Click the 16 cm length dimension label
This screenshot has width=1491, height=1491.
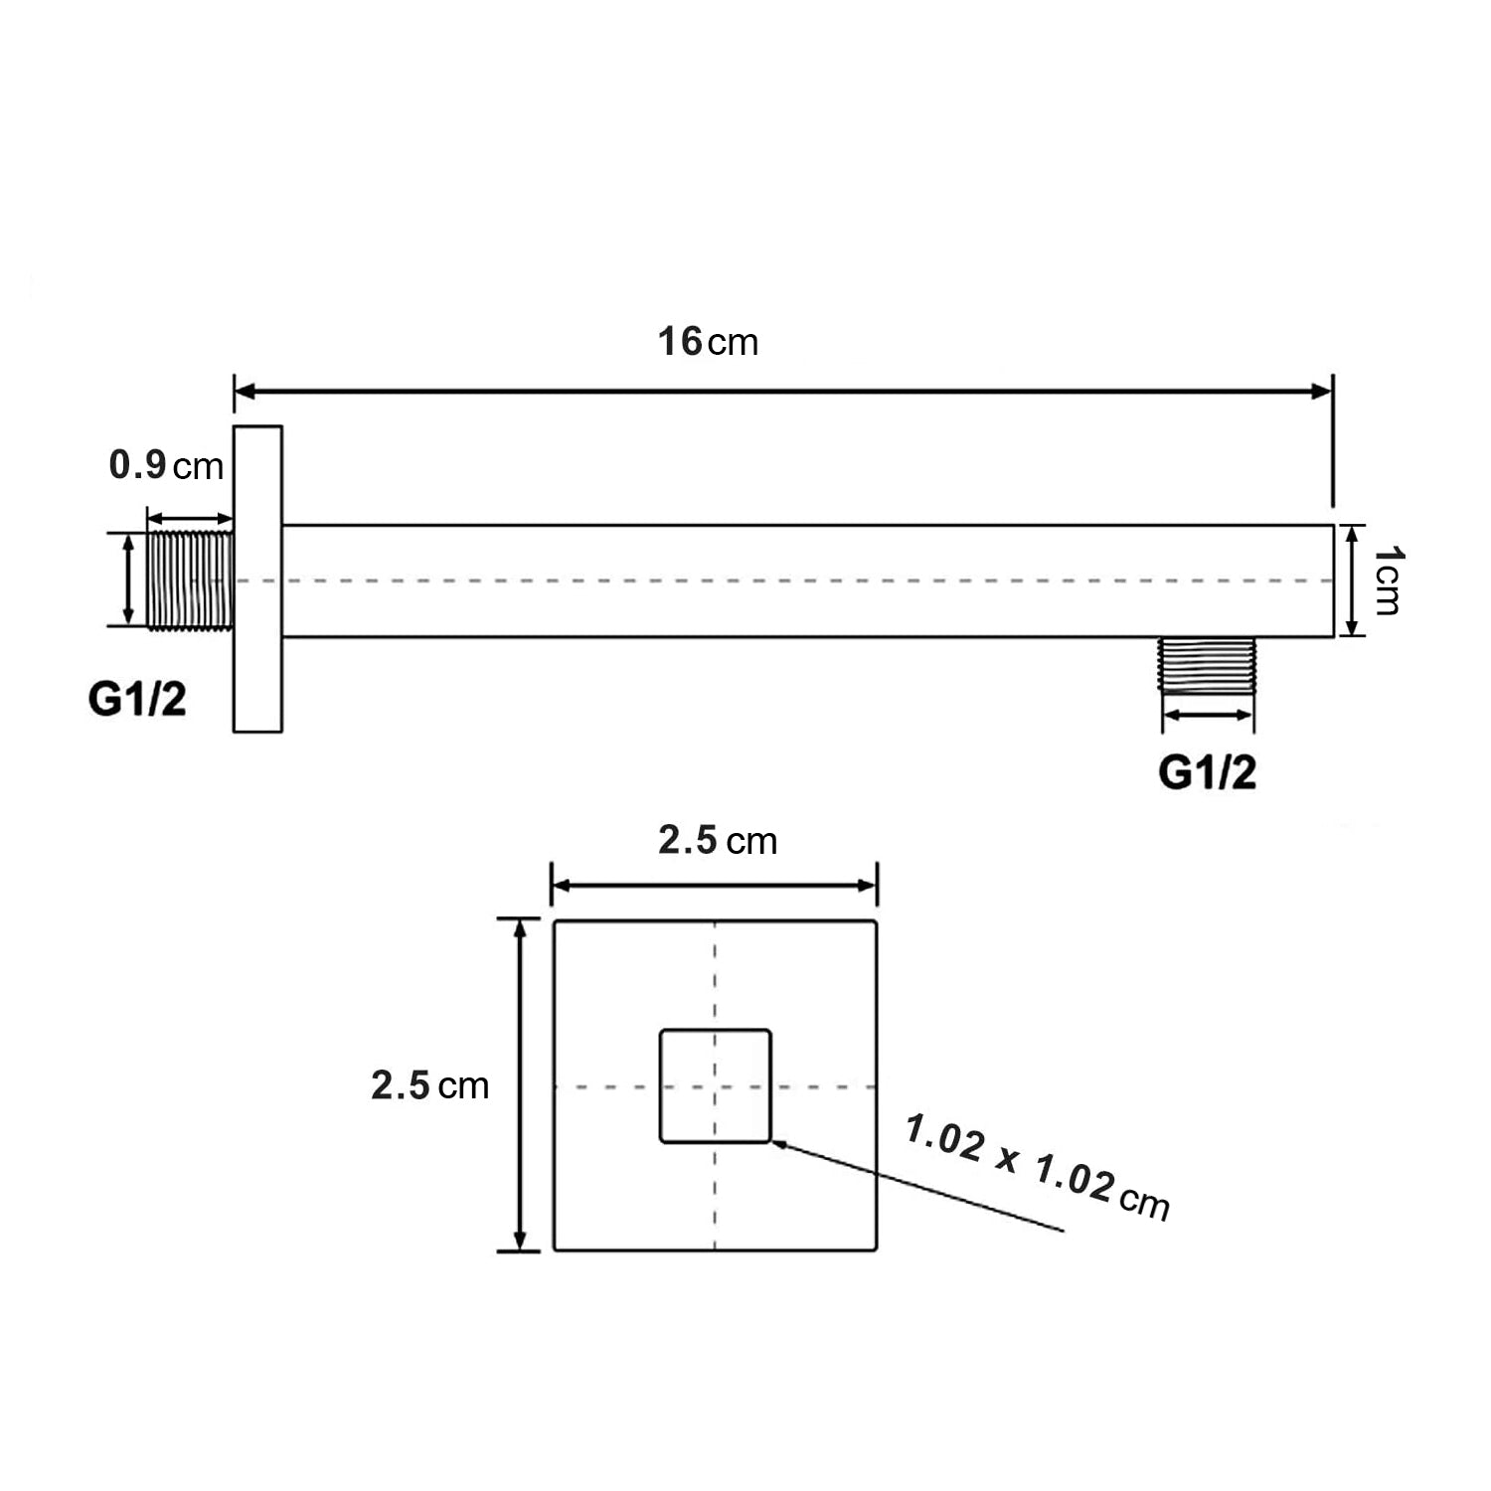(708, 342)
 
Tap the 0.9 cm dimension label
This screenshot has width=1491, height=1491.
(167, 465)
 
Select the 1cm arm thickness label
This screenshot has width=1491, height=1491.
(1389, 580)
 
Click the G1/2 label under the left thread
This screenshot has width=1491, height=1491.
(137, 700)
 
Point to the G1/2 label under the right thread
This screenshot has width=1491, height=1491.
(1208, 773)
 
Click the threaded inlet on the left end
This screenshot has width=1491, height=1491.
(190, 580)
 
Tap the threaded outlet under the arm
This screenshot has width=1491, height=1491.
(1208, 666)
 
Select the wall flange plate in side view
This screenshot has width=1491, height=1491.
(257, 580)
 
